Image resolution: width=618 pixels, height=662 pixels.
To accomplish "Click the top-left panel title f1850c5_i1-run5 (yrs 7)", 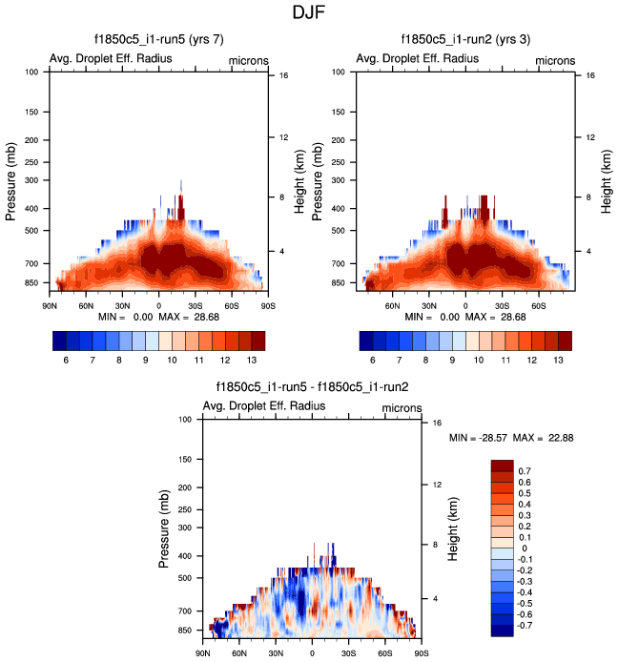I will [x=158, y=40].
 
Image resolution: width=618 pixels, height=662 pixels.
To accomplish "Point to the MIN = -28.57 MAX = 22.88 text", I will [x=510, y=438].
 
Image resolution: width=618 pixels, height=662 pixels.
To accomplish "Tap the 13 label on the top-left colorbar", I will [x=252, y=361].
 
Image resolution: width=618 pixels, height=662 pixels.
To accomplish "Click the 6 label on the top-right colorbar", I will [x=373, y=361].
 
